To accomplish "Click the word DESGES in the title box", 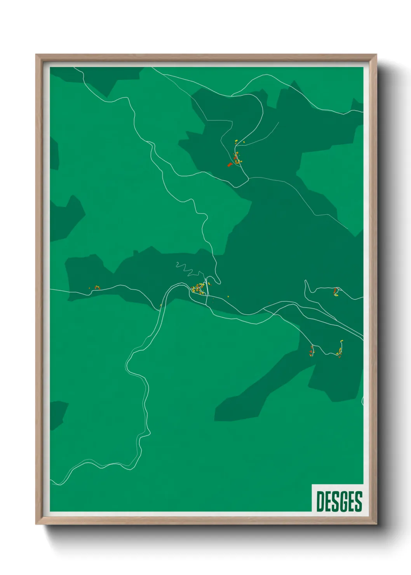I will click(x=339, y=501).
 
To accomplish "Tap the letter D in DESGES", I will click(x=320, y=501).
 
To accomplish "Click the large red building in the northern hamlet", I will click(x=230, y=165).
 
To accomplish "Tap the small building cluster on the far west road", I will click(x=96, y=287).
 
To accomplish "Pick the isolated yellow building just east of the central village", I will click(x=228, y=296).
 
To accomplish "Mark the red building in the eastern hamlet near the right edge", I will click(x=335, y=290).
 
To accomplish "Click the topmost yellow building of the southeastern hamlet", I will click(x=342, y=341).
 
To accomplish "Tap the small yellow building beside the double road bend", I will click(x=160, y=305).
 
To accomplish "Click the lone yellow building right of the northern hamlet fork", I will click(x=244, y=143).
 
